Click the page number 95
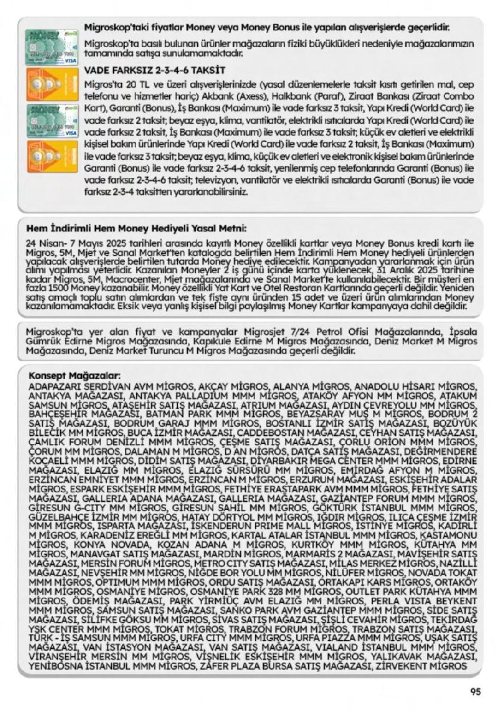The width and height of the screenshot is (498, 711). (475, 692)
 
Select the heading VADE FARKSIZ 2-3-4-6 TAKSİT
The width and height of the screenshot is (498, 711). (155, 71)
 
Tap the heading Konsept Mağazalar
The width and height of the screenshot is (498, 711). (74, 375)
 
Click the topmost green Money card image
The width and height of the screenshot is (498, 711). (52, 47)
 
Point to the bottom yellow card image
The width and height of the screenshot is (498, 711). (52, 156)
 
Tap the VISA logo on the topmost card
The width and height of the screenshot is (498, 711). (71, 61)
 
